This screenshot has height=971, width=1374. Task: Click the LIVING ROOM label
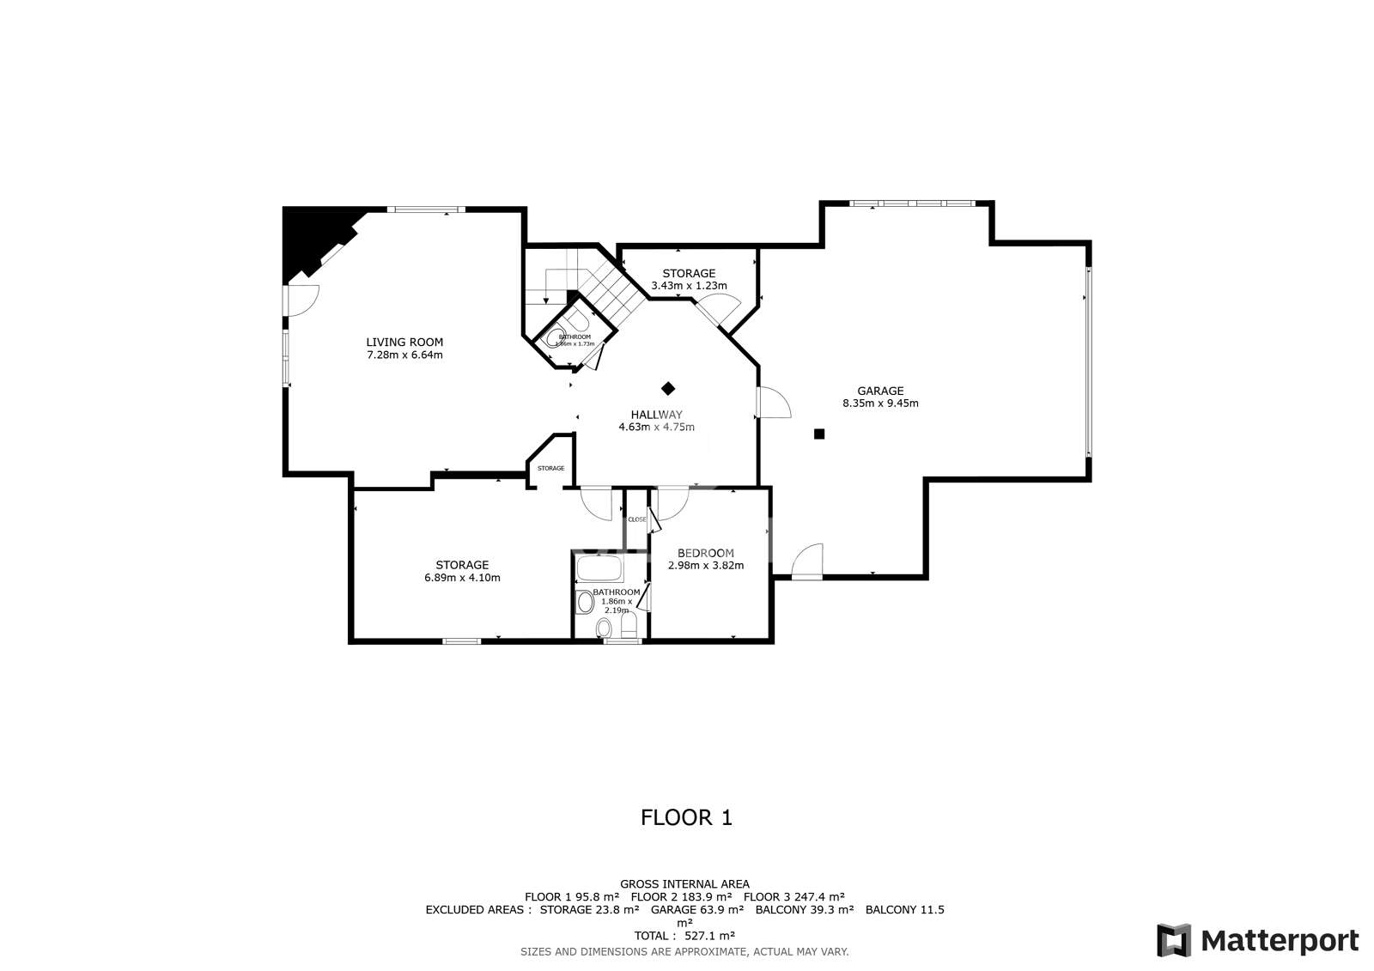click(404, 342)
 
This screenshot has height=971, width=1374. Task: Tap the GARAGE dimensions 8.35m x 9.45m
click(880, 404)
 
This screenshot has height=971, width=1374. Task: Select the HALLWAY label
click(656, 415)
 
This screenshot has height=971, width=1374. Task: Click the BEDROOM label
click(705, 553)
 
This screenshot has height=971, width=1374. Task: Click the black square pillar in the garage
click(819, 434)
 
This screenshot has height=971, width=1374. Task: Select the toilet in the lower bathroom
click(629, 624)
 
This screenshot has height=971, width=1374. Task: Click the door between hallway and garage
click(771, 403)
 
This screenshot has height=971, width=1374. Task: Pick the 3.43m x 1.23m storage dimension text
click(689, 286)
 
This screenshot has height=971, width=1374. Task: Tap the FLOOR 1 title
click(686, 817)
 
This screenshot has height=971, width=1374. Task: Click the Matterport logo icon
click(1173, 940)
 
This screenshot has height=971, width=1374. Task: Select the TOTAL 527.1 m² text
click(684, 936)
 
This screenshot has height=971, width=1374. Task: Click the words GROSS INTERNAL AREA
click(684, 883)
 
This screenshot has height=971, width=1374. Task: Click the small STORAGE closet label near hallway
click(550, 468)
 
